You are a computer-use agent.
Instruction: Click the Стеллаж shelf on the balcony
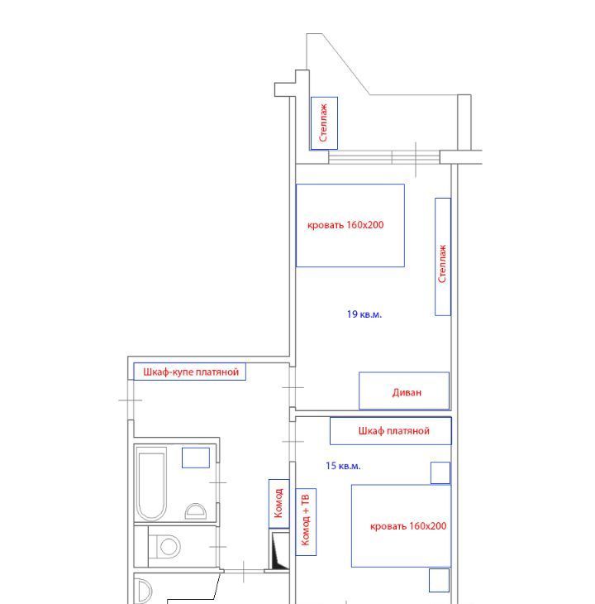(x=324, y=123)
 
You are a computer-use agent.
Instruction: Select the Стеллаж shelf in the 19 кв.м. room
(x=443, y=257)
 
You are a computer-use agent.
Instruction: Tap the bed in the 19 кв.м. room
(x=350, y=225)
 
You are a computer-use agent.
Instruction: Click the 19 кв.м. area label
(x=364, y=314)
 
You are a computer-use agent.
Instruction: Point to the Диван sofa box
(x=404, y=391)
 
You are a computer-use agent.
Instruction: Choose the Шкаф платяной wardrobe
(x=391, y=430)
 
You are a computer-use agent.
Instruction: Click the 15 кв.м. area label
(x=343, y=466)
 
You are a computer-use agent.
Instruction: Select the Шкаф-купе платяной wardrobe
(x=189, y=372)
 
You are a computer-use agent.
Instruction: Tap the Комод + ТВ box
(x=306, y=522)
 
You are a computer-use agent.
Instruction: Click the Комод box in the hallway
(x=278, y=503)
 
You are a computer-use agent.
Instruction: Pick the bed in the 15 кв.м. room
(x=401, y=525)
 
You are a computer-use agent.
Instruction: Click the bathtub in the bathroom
(x=151, y=484)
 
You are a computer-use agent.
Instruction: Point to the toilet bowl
(x=164, y=546)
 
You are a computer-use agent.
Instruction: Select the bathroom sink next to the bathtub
(x=196, y=511)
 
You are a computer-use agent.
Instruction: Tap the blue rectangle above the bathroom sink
(x=196, y=458)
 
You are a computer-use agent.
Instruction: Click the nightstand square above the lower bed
(x=440, y=472)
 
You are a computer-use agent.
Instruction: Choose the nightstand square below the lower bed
(x=440, y=580)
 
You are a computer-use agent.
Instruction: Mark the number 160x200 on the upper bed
(x=365, y=224)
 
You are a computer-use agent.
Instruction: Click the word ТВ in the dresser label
(x=306, y=501)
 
